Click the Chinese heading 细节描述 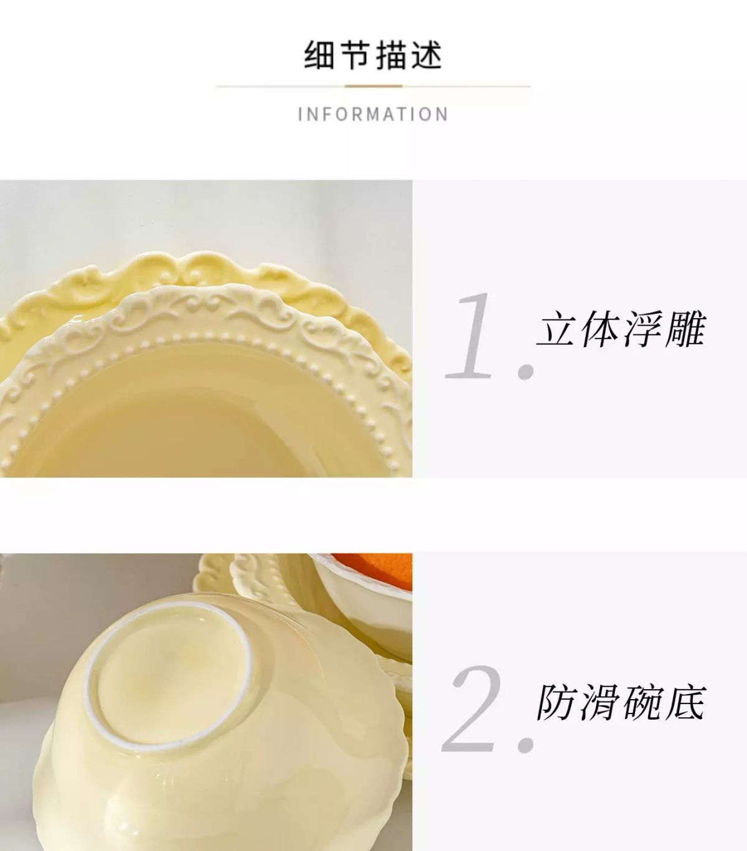point(373,55)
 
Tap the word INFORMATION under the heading point(373,115)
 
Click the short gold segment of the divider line point(374,86)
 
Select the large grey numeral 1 point(469,336)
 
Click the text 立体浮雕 point(621,329)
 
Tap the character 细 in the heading point(319,55)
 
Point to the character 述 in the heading point(426,55)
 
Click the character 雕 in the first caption point(684,329)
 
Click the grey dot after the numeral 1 point(527,371)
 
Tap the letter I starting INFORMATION point(300,115)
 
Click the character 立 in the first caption point(557,329)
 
